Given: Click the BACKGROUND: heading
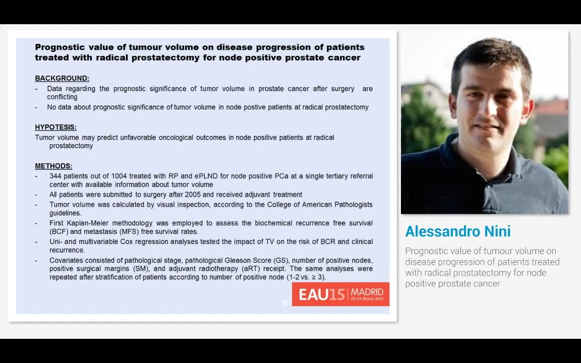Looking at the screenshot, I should (x=62, y=78).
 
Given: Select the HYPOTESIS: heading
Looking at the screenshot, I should (x=55, y=127).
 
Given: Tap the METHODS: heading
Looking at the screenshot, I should (x=53, y=166).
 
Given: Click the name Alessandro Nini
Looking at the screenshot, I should (x=458, y=231).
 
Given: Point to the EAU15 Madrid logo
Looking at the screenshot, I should (x=340, y=294).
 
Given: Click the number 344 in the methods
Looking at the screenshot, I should (x=55, y=176).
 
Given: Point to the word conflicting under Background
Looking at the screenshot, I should (x=62, y=97).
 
